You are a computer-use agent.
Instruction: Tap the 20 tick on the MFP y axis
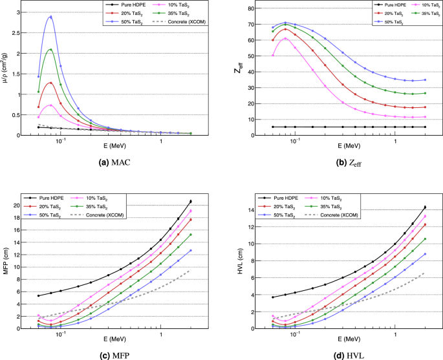pos(26,206)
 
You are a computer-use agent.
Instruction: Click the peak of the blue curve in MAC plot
pos(50,17)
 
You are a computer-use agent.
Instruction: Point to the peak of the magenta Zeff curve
pos(285,38)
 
